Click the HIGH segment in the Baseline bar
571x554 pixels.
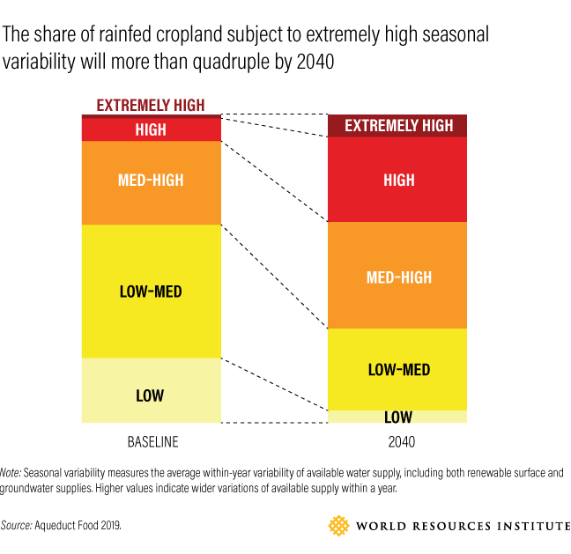click(151, 129)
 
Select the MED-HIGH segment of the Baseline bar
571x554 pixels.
click(151, 181)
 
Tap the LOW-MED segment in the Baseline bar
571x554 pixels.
click(151, 291)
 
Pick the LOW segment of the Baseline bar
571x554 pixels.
click(151, 395)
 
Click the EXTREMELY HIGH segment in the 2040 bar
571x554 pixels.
click(398, 126)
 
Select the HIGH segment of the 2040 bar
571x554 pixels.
click(398, 180)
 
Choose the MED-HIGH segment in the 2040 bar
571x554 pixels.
click(398, 277)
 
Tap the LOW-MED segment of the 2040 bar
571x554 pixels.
click(398, 369)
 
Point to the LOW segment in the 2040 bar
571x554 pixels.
click(398, 417)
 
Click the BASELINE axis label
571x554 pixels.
click(151, 441)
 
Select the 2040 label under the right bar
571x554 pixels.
click(398, 441)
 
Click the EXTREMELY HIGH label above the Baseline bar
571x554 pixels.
click(151, 105)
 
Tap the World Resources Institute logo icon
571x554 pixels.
click(338, 526)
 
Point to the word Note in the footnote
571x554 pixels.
click(11, 472)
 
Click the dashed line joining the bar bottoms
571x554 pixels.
click(274, 423)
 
